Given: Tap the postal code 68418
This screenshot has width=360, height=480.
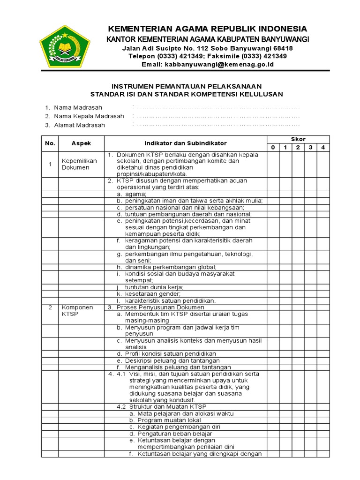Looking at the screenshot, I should click(x=282, y=48).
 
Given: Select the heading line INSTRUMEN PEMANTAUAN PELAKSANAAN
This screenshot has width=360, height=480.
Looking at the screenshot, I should click(x=186, y=86).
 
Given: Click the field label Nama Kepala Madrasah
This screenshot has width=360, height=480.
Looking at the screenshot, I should click(x=89, y=116).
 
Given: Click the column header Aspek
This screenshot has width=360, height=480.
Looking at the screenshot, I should click(x=81, y=143).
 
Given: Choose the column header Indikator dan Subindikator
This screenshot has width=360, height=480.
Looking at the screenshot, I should click(x=185, y=143).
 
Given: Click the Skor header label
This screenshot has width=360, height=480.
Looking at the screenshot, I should click(x=298, y=139).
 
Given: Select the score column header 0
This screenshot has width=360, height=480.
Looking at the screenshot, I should click(x=273, y=148).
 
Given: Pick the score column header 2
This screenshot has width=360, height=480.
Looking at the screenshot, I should click(x=298, y=148).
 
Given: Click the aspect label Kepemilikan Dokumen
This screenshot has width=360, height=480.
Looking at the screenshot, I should click(x=79, y=164).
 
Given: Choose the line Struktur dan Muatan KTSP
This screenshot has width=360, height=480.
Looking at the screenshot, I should click(x=161, y=407).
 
